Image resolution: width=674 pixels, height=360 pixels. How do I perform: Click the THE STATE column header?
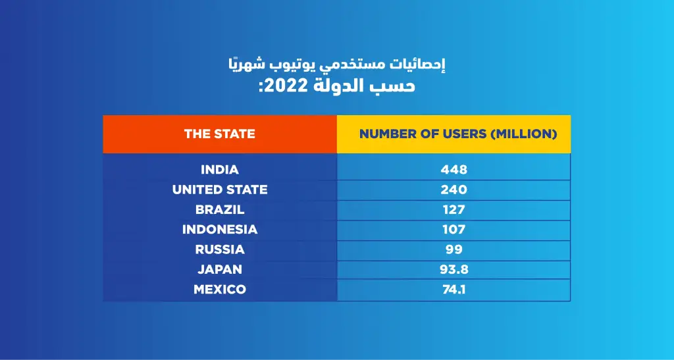[219, 134]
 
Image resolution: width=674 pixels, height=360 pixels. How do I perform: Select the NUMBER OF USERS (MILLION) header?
[458, 134]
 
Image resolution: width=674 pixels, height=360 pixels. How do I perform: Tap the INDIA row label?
[219, 170]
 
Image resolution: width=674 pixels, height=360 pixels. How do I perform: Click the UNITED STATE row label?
[219, 190]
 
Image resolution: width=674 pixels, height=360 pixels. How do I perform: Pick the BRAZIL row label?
[219, 210]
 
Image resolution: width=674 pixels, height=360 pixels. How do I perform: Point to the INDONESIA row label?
[219, 230]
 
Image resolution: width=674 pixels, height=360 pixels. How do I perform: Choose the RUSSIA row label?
[219, 249]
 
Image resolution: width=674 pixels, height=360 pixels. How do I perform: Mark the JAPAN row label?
[219, 269]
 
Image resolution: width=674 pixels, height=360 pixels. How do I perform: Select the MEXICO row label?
[219, 290]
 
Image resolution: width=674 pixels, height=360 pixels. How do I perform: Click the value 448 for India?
[454, 170]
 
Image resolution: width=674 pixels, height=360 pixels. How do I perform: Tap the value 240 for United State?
[454, 190]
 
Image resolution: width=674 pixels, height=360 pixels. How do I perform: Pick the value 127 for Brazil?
[454, 210]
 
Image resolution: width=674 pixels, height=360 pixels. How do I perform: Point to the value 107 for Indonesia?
[454, 230]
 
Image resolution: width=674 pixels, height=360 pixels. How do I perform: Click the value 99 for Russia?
[454, 249]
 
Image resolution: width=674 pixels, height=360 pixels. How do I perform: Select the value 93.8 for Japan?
[454, 269]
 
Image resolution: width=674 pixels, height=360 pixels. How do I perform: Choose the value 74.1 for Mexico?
[454, 290]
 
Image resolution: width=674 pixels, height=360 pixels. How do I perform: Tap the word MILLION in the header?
[523, 134]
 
